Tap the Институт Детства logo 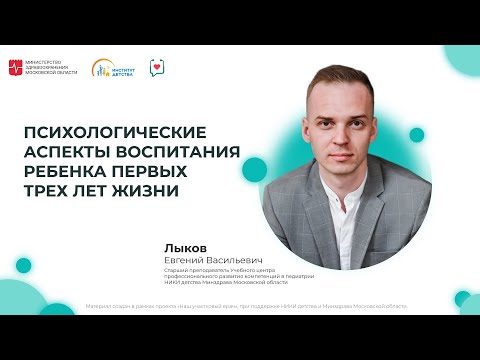click(113, 68)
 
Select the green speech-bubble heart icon click(157, 68)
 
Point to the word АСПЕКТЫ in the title click(64, 151)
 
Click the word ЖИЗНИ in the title click(150, 191)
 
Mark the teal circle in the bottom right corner click(462, 298)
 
